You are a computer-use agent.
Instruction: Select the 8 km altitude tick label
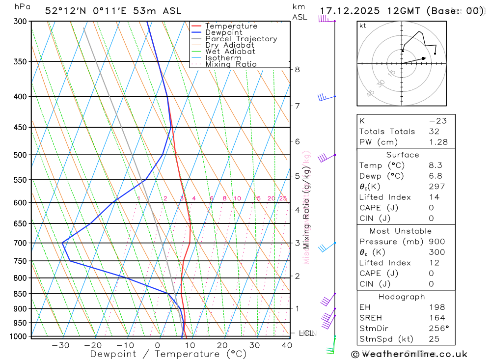297,69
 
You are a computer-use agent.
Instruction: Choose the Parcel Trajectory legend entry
241,39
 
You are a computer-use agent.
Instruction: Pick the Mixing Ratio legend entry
230,64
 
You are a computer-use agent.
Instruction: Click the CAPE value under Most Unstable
431,273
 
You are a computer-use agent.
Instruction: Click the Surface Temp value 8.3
435,166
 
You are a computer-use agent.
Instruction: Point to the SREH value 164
436,318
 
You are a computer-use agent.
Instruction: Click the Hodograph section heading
402,297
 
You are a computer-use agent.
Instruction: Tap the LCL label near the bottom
306,333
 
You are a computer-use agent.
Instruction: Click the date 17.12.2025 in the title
353,11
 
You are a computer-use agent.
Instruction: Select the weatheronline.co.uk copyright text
409,354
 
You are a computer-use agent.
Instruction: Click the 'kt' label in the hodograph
363,26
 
